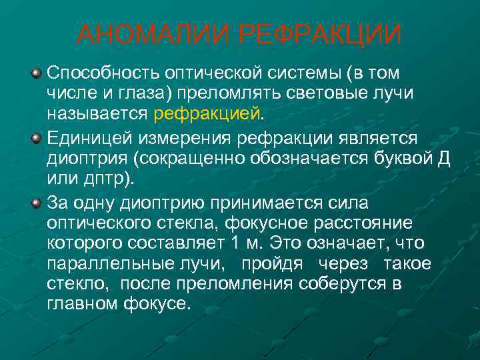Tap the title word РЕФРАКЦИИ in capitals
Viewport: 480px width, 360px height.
point(320,35)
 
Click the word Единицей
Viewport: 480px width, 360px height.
point(91,139)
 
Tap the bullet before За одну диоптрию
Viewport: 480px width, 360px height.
point(37,201)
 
